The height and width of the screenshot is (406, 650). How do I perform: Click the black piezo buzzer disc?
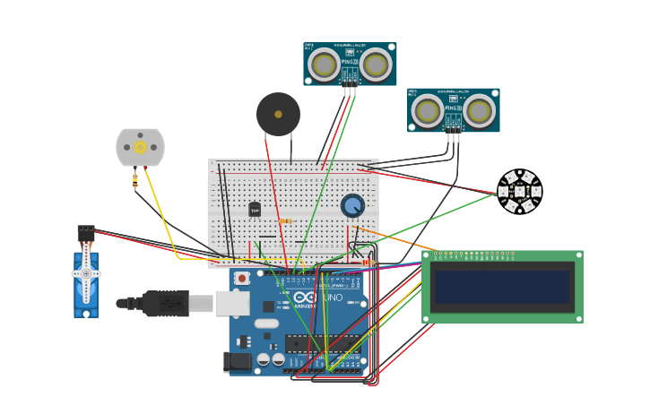pyautogui.click(x=278, y=114)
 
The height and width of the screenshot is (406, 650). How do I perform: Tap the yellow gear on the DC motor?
pyautogui.click(x=140, y=147)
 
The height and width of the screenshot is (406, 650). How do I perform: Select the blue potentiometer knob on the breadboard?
pyautogui.click(x=352, y=205)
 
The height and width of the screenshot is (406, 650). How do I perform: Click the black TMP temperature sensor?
pyautogui.click(x=255, y=210)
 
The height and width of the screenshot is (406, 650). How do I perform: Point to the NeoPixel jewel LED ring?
pyautogui.click(x=519, y=191)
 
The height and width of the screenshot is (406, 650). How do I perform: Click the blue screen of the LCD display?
pyautogui.click(x=502, y=287)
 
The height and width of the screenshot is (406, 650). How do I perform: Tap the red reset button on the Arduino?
pyautogui.click(x=242, y=279)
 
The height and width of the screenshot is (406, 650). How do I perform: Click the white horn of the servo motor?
pyautogui.click(x=86, y=272)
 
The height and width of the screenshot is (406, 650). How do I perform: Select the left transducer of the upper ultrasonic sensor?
pyautogui.click(x=324, y=65)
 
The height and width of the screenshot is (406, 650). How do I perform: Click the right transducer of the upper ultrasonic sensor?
pyautogui.click(x=377, y=65)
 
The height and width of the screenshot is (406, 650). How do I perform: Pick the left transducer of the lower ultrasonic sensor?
pyautogui.click(x=428, y=111)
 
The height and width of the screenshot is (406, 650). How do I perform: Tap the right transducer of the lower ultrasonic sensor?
pyautogui.click(x=480, y=111)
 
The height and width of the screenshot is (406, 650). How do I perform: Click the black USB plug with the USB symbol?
pyautogui.click(x=166, y=304)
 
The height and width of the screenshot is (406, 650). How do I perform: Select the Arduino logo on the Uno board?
pyautogui.click(x=305, y=298)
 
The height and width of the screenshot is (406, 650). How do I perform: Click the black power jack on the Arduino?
pyautogui.click(x=238, y=361)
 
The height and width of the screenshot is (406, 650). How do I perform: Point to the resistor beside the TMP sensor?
pyautogui.click(x=285, y=220)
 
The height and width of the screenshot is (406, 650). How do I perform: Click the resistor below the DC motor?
pyautogui.click(x=135, y=180)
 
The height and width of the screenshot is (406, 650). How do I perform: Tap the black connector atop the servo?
pyautogui.click(x=86, y=233)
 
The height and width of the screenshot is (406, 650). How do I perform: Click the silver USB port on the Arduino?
pyautogui.click(x=232, y=303)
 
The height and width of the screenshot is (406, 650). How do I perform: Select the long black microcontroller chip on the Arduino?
pyautogui.click(x=322, y=342)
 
